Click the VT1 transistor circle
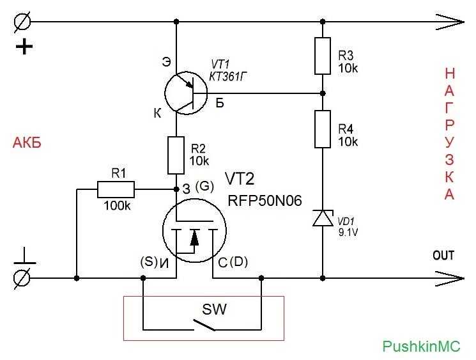click(x=165, y=93)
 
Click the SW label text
click(x=214, y=309)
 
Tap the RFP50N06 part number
click(x=265, y=201)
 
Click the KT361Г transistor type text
click(x=227, y=77)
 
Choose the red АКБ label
click(x=27, y=143)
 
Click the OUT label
click(x=443, y=255)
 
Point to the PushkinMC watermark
click(x=421, y=347)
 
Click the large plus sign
click(x=24, y=47)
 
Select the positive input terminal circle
click(x=22, y=22)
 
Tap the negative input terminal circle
click(x=22, y=278)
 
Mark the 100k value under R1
click(x=117, y=206)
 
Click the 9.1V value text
click(x=348, y=232)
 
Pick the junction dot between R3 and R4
click(x=323, y=93)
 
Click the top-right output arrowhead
click(x=450, y=22)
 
